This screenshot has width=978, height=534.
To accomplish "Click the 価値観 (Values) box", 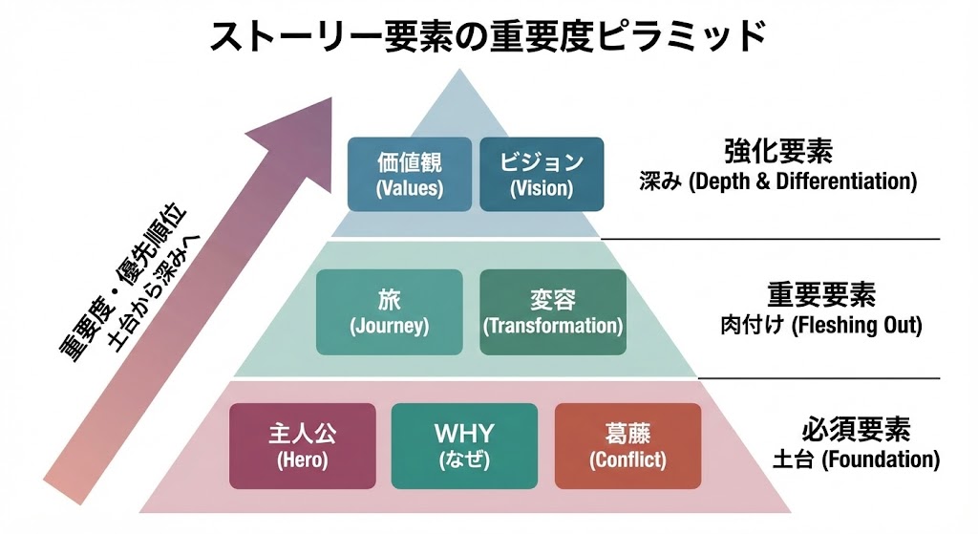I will [410, 174].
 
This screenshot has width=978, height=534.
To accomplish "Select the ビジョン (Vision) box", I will [542, 174].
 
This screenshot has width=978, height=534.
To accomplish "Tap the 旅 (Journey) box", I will [389, 311].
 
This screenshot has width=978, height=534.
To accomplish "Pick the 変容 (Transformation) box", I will [553, 311].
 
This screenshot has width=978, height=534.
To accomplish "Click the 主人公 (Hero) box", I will [302, 446].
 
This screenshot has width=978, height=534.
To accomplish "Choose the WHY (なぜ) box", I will [463, 446].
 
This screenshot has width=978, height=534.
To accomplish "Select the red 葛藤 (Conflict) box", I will [627, 446].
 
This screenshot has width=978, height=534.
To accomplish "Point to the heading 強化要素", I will [778, 151].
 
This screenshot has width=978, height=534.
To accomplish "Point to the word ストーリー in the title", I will [277, 36].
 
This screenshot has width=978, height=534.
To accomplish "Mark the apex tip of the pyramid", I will [465, 69].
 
